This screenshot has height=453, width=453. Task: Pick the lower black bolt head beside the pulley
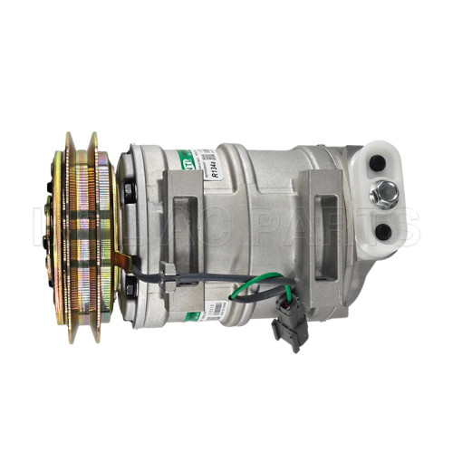[x=130, y=288]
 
